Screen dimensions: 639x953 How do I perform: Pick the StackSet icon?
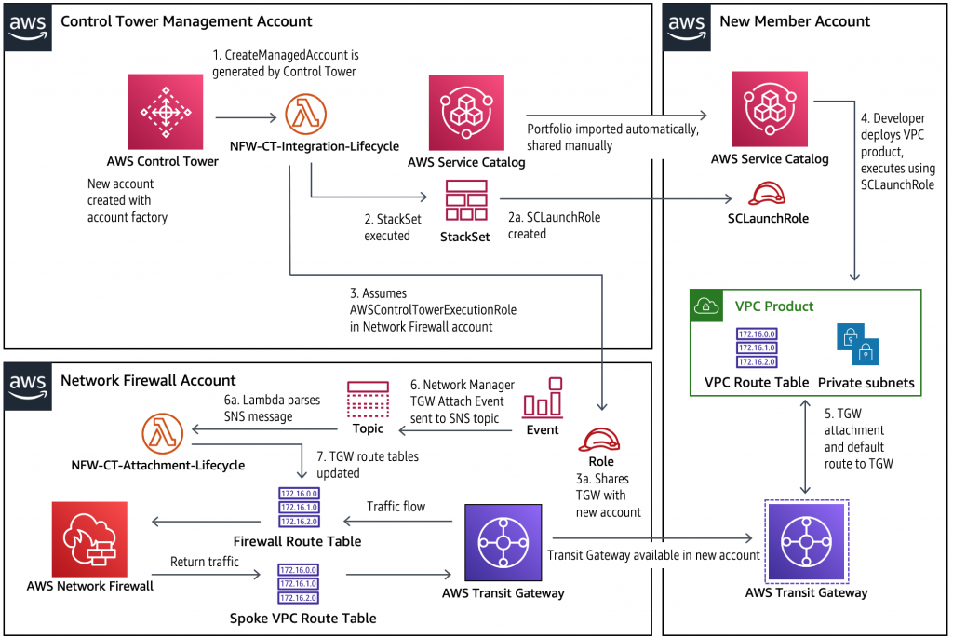pos(465,199)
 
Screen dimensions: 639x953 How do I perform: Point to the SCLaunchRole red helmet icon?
pos(770,194)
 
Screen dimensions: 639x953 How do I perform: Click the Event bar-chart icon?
pos(543,398)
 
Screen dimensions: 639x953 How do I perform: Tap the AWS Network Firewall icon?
pos(90,539)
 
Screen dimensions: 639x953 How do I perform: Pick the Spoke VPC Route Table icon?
pos(296,584)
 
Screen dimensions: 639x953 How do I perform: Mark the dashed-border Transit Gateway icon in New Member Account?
pos(806,541)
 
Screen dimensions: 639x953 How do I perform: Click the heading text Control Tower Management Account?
pos(186,20)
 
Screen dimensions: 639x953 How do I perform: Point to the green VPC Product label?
pos(774,306)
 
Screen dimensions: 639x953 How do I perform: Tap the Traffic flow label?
pos(396,507)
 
